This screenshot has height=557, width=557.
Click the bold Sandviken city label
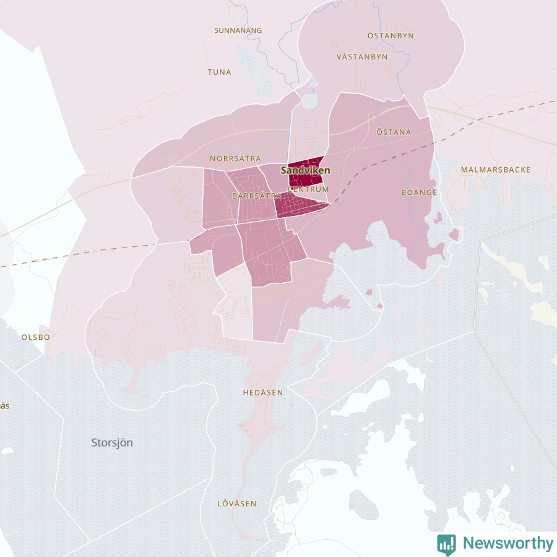coord(306,170)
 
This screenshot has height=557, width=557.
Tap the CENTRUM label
coord(309,189)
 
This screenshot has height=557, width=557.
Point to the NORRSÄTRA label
coord(235,158)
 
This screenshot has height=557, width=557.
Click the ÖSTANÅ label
coord(394,132)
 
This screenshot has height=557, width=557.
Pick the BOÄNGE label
coord(419,192)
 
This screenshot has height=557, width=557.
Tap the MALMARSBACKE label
coord(496,170)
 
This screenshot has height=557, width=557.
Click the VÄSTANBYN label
coord(362,56)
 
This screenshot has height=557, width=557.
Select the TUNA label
coord(220,72)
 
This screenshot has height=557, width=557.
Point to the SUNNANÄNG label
coord(238,30)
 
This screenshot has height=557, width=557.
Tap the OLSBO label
coord(35,337)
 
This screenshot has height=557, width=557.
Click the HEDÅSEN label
coord(263,392)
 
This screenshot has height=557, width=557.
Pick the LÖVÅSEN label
coord(237,504)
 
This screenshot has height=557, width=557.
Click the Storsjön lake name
coord(112,443)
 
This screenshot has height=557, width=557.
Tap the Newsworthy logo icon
coord(446,543)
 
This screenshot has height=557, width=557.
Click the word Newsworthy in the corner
coord(508,543)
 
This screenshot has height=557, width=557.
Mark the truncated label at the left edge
coord(4,406)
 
